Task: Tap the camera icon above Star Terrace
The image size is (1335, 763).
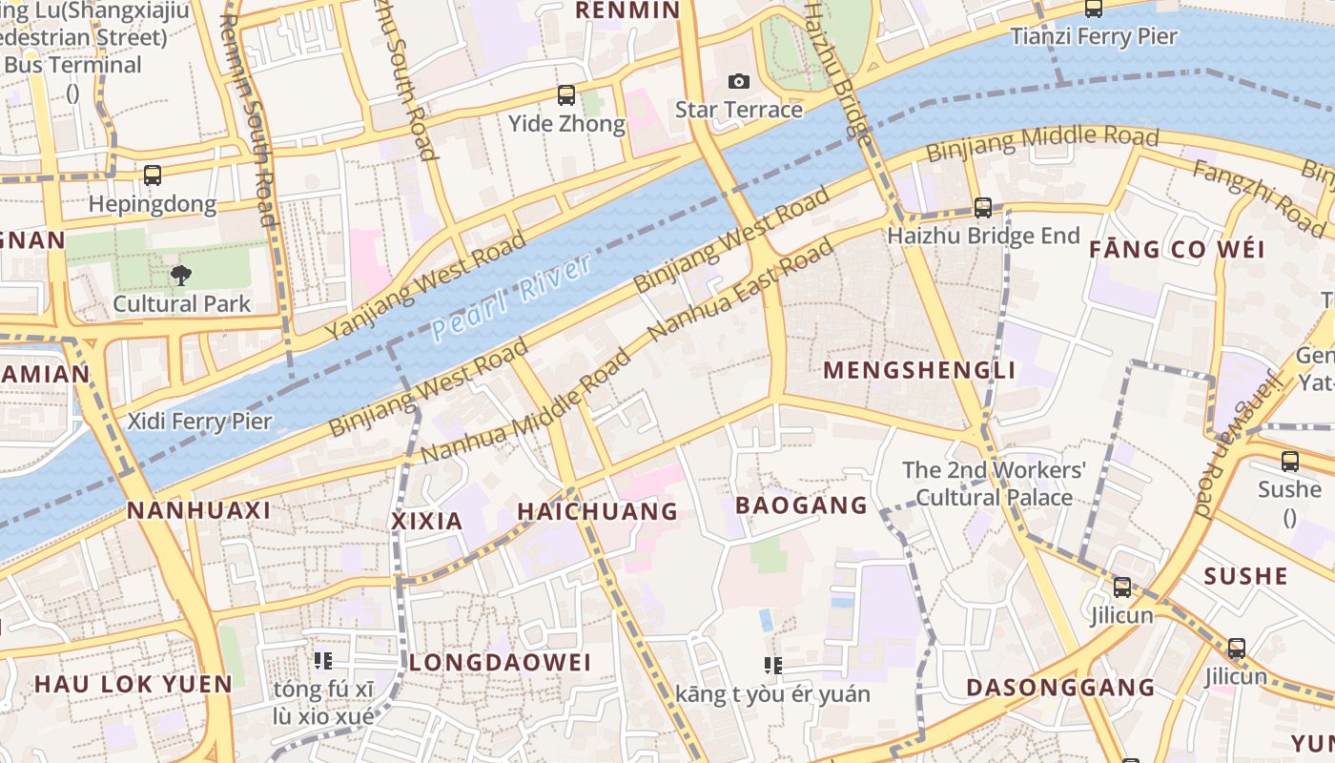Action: (x=739, y=82)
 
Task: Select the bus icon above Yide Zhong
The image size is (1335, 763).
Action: (x=566, y=94)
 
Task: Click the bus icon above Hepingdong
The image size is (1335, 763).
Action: (x=153, y=175)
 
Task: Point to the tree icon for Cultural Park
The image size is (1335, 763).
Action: (x=180, y=277)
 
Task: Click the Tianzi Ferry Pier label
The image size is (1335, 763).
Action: (x=1094, y=37)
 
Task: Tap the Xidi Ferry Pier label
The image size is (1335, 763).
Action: (x=200, y=422)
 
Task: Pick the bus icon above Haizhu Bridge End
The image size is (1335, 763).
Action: (x=983, y=207)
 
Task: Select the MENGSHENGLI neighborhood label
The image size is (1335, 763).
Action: (x=919, y=370)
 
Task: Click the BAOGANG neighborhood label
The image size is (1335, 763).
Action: (x=802, y=505)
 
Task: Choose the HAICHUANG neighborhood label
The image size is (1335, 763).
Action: (x=598, y=512)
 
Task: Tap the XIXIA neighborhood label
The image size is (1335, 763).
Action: (x=427, y=522)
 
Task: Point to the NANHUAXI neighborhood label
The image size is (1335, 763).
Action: (x=199, y=510)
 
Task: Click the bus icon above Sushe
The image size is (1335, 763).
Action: (x=1290, y=462)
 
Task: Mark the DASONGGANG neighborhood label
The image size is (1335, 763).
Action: (x=1060, y=688)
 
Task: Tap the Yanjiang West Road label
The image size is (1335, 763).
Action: (x=425, y=284)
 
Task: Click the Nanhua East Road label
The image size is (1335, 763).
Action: (x=740, y=291)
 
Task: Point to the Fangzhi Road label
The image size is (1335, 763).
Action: (x=1258, y=197)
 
